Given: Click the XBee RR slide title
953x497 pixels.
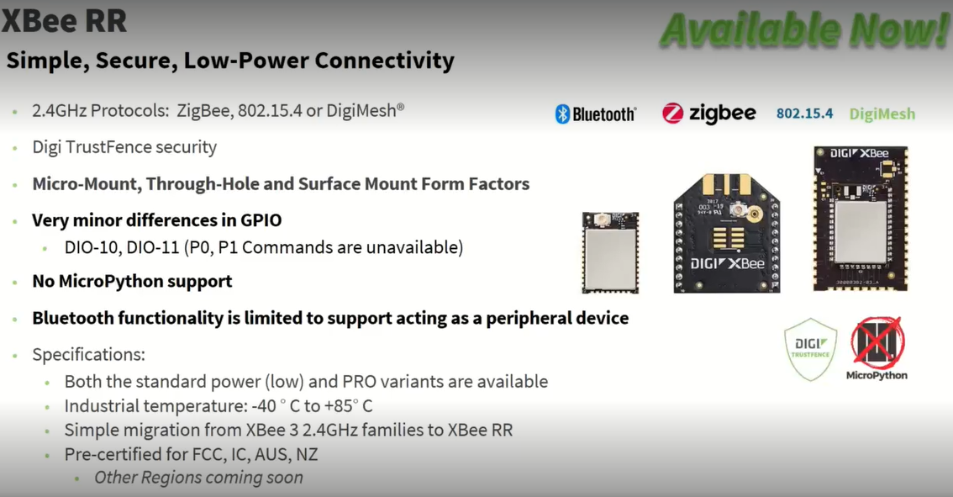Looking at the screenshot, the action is click(x=65, y=21).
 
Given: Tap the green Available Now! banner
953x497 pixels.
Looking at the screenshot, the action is click(x=805, y=29).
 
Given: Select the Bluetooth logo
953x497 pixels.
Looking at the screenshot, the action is click(x=596, y=114).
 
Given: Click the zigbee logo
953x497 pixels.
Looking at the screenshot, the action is click(x=708, y=114).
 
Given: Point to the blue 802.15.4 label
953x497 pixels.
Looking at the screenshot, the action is click(x=804, y=114).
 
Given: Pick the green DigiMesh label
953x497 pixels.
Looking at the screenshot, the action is click(x=882, y=114).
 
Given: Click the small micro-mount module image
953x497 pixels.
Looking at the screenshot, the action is click(x=610, y=252).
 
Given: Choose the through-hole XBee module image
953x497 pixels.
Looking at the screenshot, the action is click(x=727, y=233).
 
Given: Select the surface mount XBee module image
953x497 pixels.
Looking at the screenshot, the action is click(x=861, y=219).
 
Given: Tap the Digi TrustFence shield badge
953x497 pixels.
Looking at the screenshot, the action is click(x=810, y=349).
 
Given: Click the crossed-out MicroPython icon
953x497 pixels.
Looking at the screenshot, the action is click(x=877, y=348).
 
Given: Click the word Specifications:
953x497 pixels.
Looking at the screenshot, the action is click(x=89, y=355).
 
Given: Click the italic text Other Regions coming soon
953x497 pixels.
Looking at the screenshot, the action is click(x=198, y=478).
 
